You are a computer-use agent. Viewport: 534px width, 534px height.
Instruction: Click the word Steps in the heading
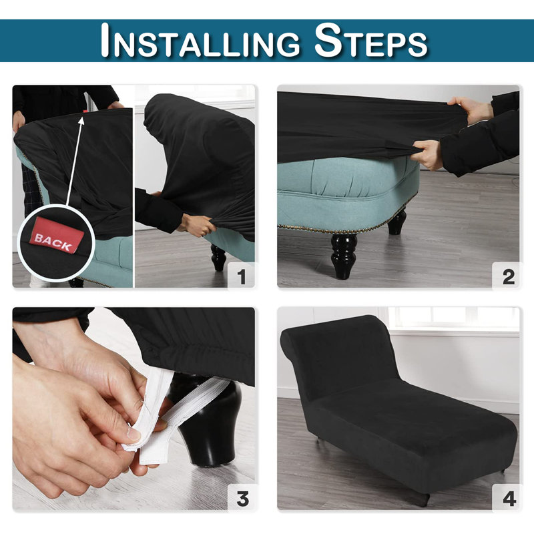coord(370,41)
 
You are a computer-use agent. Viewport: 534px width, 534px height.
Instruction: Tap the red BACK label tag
coord(56,236)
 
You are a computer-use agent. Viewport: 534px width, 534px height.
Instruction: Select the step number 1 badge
coord(241,275)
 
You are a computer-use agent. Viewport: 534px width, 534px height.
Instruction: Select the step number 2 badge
coord(508,276)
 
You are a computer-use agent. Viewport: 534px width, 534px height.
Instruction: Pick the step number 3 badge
coord(242,498)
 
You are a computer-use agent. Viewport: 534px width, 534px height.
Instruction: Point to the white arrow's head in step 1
coord(81,121)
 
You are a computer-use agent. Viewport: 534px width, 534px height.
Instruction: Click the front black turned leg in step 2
coord(344,256)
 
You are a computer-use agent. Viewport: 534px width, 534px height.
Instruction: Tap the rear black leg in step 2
coord(396,222)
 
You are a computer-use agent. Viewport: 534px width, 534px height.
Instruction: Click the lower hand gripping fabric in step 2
coord(427,154)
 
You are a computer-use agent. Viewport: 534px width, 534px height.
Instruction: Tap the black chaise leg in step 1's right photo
coord(218,258)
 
